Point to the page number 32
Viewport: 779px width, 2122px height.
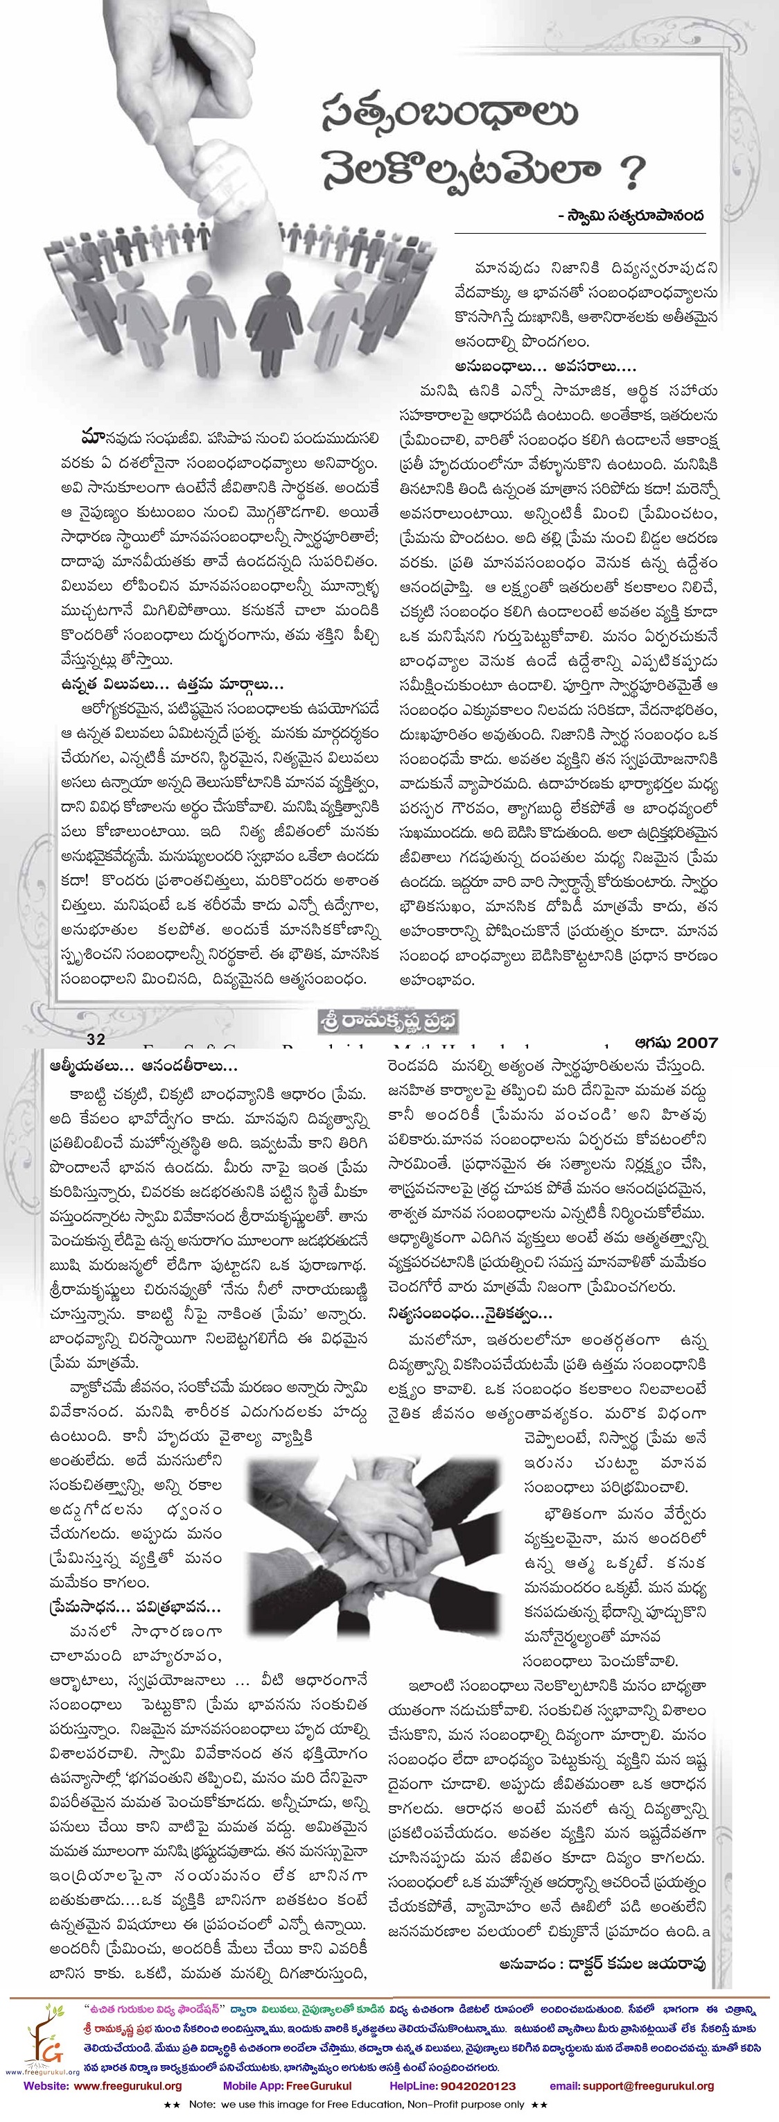click(x=96, y=1041)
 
